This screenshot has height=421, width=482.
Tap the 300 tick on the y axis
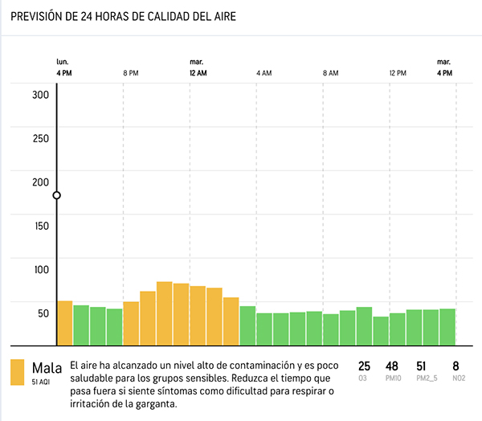tap(40, 94)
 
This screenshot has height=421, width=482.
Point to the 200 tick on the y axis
tap(40, 182)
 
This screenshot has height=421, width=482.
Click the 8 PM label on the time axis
tap(131, 73)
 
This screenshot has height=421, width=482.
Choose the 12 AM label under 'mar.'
tap(198, 73)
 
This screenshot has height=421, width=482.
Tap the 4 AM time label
tap(263, 73)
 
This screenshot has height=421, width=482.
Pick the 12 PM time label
tap(397, 73)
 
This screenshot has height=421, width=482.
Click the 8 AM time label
tap(330, 73)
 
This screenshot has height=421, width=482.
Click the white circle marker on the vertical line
tap(56, 195)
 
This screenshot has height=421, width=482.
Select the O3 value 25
tap(364, 366)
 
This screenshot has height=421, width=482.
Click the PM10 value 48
tap(392, 366)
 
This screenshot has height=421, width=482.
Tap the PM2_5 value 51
tap(422, 366)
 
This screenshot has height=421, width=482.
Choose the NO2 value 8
tap(455, 366)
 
